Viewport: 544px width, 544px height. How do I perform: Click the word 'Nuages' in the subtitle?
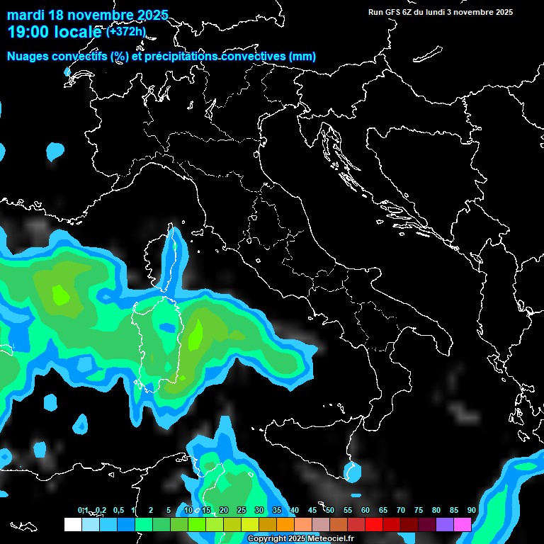[28, 57]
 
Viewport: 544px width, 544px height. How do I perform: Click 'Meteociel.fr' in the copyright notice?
[334, 539]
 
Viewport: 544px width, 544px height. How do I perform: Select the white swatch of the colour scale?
[72, 525]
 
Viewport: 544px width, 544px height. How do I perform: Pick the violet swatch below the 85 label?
[445, 525]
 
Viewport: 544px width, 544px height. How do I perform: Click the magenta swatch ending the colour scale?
[463, 525]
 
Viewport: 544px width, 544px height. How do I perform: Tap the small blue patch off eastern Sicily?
[352, 471]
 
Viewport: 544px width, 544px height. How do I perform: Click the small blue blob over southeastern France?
[55, 151]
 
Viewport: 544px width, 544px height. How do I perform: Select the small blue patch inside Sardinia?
[167, 328]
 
